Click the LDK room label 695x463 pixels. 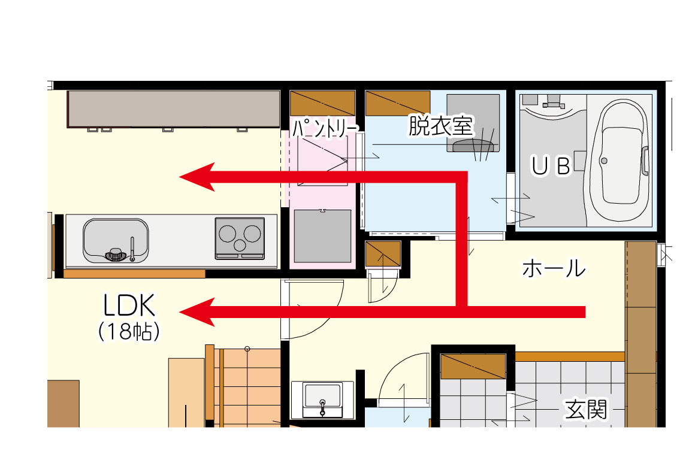click(x=129, y=305)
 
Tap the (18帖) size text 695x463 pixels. click(x=129, y=331)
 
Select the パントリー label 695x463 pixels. click(x=324, y=129)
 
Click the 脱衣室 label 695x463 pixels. click(x=440, y=125)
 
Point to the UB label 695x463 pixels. click(x=551, y=166)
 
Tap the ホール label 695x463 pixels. click(x=554, y=268)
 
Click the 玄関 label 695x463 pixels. click(x=585, y=409)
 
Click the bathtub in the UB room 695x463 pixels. click(x=620, y=162)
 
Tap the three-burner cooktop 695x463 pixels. click(x=240, y=238)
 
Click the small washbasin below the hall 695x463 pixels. click(x=322, y=399)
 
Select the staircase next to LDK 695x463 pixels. click(x=248, y=388)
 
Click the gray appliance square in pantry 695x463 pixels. click(x=323, y=236)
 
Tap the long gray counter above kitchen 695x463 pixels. click(x=174, y=109)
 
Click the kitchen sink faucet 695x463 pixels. click(x=132, y=249)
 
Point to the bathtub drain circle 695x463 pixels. click(x=604, y=161)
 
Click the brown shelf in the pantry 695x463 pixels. click(x=322, y=103)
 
